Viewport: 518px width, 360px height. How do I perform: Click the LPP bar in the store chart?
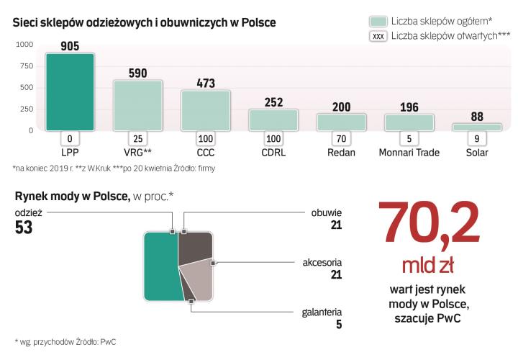coord(70,91)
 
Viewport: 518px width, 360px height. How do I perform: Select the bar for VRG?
coord(137,104)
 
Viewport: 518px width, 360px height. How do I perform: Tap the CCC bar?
coord(205,109)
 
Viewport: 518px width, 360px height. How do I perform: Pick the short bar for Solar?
coord(476,127)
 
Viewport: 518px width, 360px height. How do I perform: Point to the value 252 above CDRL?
coord(273,102)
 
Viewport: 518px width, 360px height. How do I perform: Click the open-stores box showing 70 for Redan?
coord(340,138)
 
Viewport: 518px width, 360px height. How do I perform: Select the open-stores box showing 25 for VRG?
coord(137,138)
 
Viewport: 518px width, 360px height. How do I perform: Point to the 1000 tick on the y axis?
coord(23,45)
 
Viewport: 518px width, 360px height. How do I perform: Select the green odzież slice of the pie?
coord(160,266)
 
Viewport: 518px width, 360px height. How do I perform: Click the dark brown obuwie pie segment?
coord(195,248)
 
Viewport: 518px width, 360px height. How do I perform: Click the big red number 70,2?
coord(430,224)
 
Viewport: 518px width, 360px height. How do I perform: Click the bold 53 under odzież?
coord(24,228)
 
